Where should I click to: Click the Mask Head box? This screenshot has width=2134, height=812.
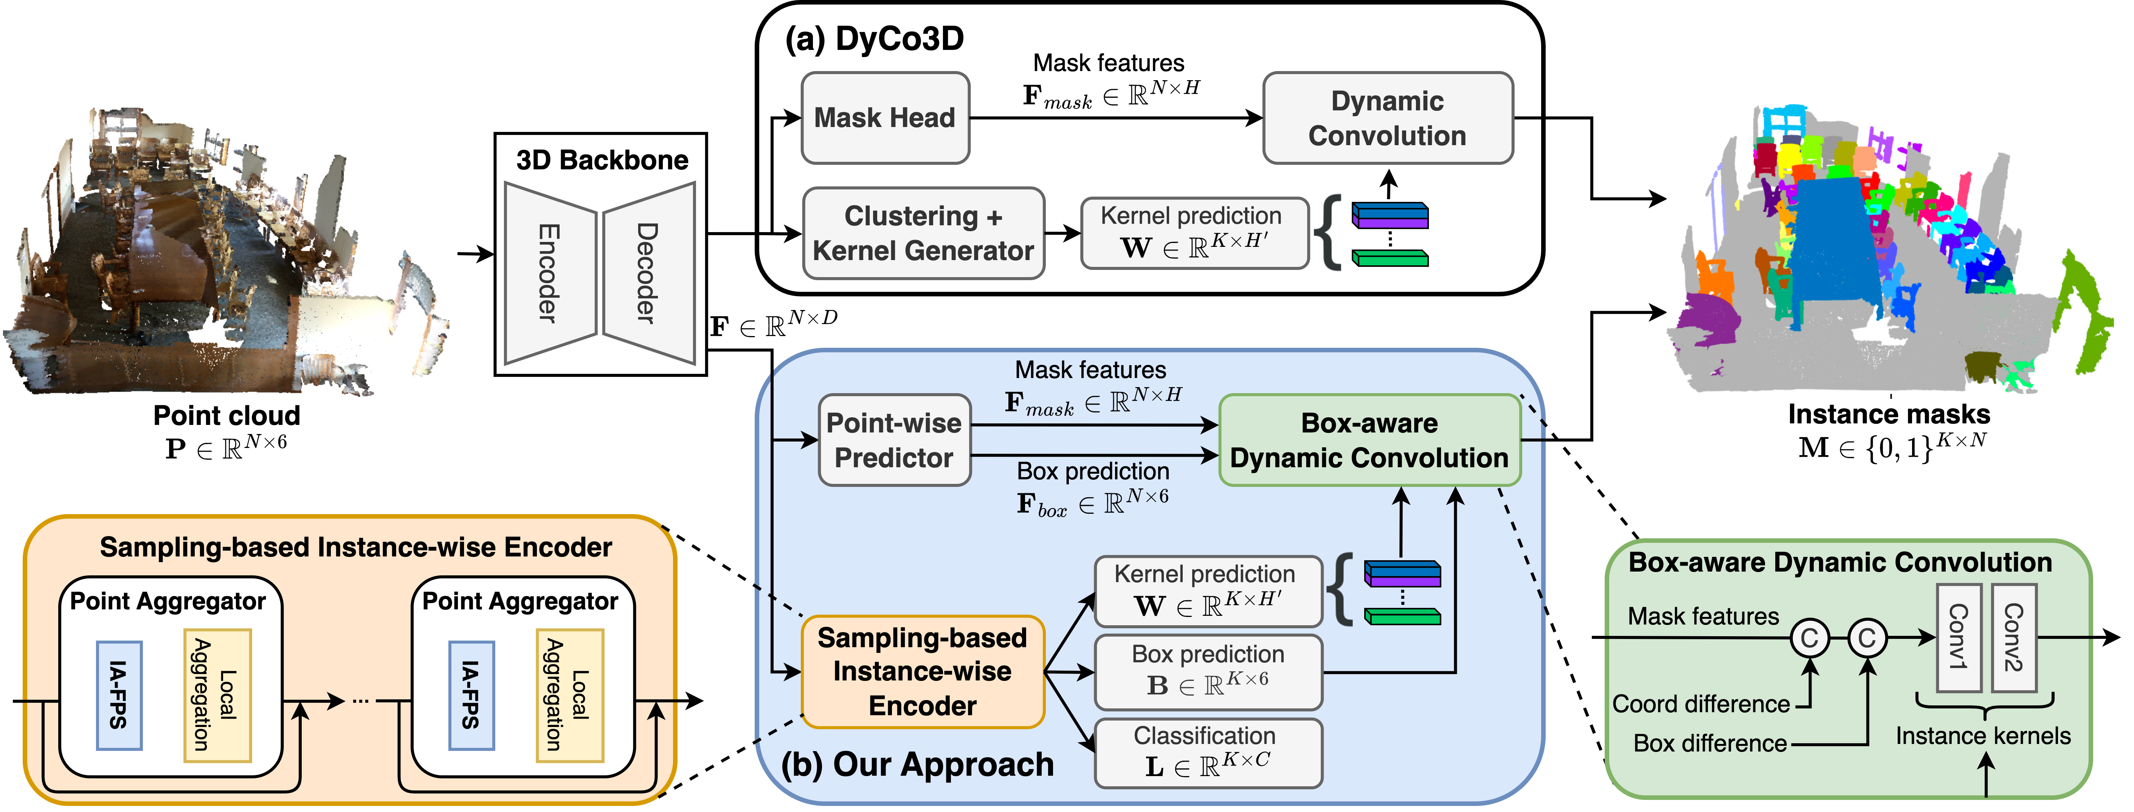click(x=885, y=118)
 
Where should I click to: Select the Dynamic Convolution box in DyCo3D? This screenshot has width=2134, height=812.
click(x=1388, y=118)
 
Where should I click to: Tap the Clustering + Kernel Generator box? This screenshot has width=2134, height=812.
click(x=923, y=233)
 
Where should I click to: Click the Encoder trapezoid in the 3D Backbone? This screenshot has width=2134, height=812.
click(x=549, y=273)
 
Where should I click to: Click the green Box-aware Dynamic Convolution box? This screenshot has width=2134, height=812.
click(x=1369, y=440)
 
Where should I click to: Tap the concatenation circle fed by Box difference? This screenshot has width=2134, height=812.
click(x=1867, y=638)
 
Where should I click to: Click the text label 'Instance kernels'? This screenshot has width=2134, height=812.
click(x=1983, y=736)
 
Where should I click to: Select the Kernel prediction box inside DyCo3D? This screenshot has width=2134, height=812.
click(x=1194, y=233)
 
